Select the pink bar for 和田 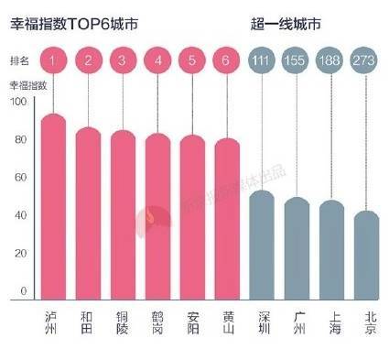[x=89, y=215]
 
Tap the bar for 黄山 [x=226, y=221]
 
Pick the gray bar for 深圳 [x=262, y=246]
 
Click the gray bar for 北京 [x=367, y=256]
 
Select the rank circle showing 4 [x=157, y=61]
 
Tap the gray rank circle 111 [x=262, y=61]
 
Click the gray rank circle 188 [x=331, y=61]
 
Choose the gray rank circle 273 [x=367, y=61]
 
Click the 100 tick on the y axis [x=17, y=102]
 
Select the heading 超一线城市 [x=292, y=19]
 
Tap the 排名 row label [x=21, y=61]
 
